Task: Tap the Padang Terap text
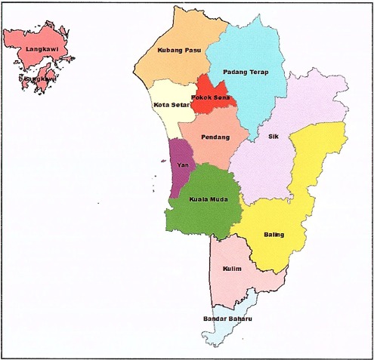(x=245, y=72)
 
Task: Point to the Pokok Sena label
(x=211, y=97)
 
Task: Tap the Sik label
(x=274, y=137)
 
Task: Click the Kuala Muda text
(x=203, y=200)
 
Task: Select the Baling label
(x=274, y=235)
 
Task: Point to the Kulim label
(x=232, y=269)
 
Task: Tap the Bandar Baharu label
(x=227, y=319)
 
